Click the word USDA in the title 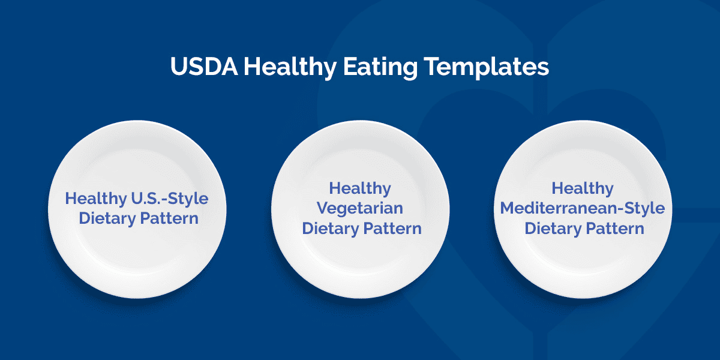click(x=204, y=67)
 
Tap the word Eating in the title click(x=380, y=67)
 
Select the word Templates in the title click(x=487, y=67)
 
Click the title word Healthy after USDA click(x=290, y=67)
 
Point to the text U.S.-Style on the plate click(x=170, y=198)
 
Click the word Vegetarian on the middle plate click(x=360, y=209)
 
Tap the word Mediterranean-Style click(x=583, y=208)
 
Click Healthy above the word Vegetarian click(x=360, y=189)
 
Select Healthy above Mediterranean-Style click(x=583, y=189)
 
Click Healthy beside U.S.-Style click(x=96, y=199)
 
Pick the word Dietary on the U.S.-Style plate click(x=107, y=219)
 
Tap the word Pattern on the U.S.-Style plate click(x=169, y=218)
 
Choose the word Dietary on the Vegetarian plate click(x=331, y=229)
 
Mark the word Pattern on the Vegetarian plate click(x=392, y=229)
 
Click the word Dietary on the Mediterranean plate click(x=553, y=229)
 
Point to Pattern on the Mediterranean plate click(x=615, y=229)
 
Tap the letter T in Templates click(x=431, y=67)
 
